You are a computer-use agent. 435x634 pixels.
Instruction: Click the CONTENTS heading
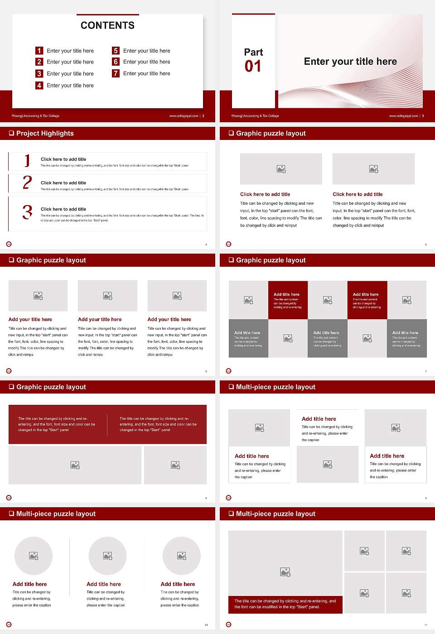click(x=107, y=25)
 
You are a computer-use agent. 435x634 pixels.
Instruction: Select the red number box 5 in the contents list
click(x=116, y=51)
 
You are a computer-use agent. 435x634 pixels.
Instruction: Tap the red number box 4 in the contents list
click(x=39, y=85)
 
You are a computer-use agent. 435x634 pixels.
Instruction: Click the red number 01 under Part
click(x=253, y=67)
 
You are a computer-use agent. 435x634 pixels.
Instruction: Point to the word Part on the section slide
click(x=253, y=52)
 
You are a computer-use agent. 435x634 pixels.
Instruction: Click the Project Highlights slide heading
click(x=45, y=133)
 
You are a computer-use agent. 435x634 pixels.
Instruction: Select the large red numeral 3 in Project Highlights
click(x=27, y=212)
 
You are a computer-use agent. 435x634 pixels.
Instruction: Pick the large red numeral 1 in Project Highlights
click(x=27, y=160)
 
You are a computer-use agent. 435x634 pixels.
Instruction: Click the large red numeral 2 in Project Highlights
click(x=27, y=183)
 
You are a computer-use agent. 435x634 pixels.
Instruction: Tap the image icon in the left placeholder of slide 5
click(x=281, y=169)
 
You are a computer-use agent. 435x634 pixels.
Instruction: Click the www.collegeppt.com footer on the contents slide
click(x=184, y=116)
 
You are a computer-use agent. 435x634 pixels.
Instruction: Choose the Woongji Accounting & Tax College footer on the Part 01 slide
click(x=255, y=116)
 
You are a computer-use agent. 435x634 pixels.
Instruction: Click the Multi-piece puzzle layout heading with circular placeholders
click(x=56, y=514)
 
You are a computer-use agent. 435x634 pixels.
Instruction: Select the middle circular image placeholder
click(x=107, y=556)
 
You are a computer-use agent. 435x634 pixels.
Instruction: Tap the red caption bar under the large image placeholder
click(x=285, y=604)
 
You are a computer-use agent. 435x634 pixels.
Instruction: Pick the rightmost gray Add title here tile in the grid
click(x=406, y=338)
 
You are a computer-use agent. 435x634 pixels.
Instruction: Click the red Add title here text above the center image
click(x=319, y=419)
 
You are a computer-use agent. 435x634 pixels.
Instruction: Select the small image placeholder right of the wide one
click(x=175, y=465)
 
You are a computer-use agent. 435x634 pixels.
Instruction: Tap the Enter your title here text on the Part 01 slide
click(x=350, y=62)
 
